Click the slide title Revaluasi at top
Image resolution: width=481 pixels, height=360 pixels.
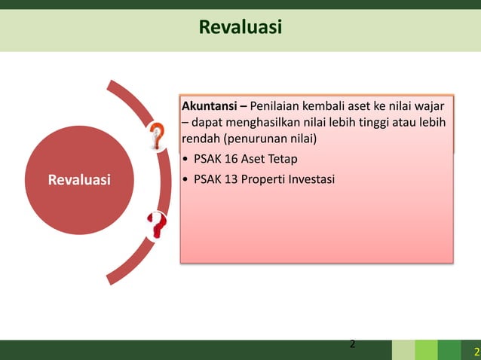point(240,28)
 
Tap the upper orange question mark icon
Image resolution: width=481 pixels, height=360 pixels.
point(157,136)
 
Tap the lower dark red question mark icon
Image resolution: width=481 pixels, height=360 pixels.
point(156,224)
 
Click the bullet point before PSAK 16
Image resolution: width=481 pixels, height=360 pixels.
point(186,159)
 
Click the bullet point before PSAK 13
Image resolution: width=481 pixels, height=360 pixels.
point(186,179)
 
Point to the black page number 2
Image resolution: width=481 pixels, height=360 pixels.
point(351,345)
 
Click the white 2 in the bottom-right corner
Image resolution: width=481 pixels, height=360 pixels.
point(475,352)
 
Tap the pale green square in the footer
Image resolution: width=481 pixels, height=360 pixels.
point(403,350)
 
